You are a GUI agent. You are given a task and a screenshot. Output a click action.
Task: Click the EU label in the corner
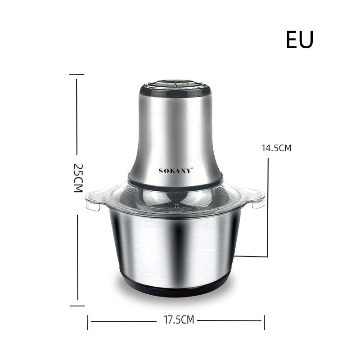click(x=299, y=40)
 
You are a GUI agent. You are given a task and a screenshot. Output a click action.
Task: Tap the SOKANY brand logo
click(x=175, y=171)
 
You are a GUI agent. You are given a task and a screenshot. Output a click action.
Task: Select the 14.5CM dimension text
click(x=277, y=147)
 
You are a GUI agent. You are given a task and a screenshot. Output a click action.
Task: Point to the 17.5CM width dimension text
click(x=176, y=320)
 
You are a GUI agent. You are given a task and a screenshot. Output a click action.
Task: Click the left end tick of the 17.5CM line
click(x=87, y=321)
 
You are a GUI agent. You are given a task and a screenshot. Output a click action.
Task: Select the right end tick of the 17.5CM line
click(x=265, y=321)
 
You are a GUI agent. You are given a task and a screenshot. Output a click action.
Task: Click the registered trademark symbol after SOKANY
click(x=193, y=169)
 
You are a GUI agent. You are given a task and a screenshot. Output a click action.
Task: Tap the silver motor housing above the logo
click(x=175, y=130)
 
